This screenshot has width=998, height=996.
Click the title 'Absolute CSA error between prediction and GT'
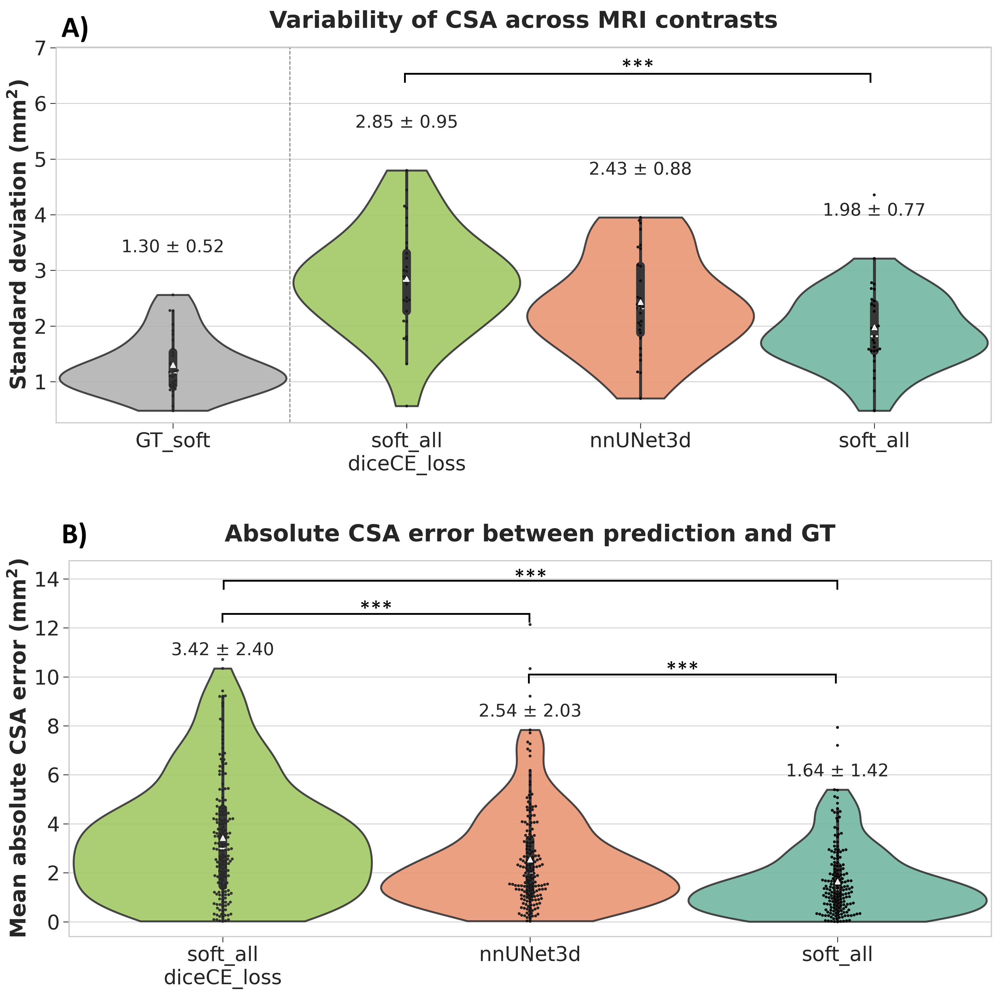pos(529,534)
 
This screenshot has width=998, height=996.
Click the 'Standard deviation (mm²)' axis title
pos(19,234)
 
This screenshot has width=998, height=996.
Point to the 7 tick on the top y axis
pos(40,48)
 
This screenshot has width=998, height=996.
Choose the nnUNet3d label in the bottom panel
pos(529,954)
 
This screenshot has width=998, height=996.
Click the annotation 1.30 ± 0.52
pos(173,246)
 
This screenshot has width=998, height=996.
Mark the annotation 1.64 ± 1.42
pos(837,771)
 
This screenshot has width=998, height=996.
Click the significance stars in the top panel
pos(638,65)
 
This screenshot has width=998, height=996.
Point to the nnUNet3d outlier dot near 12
pos(529,624)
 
